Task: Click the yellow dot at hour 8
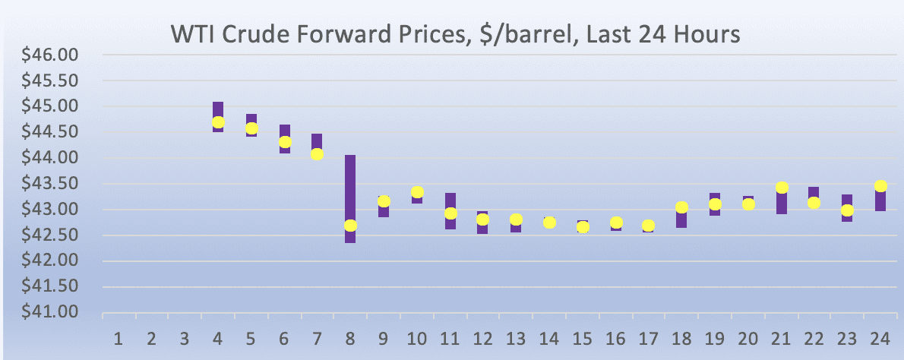pos(350,226)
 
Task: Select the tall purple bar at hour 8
pos(350,182)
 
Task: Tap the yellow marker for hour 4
pos(218,122)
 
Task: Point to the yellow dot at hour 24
pos(880,186)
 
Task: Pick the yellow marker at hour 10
pos(417,192)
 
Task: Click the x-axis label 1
pos(119,338)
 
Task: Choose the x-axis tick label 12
pos(482,338)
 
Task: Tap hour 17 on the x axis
pos(648,338)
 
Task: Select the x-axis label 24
pos(880,338)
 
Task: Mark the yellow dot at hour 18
pos(681,207)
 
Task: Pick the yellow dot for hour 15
pos(583,227)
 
